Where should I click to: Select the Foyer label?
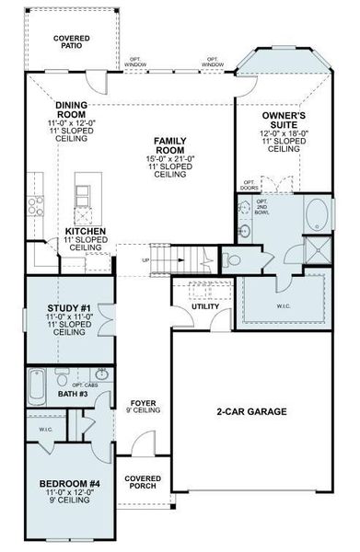pos(142,403)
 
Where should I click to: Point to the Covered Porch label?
pos(143,483)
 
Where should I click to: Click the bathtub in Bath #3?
pos(37,386)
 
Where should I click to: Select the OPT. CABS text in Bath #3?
pos(99,385)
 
